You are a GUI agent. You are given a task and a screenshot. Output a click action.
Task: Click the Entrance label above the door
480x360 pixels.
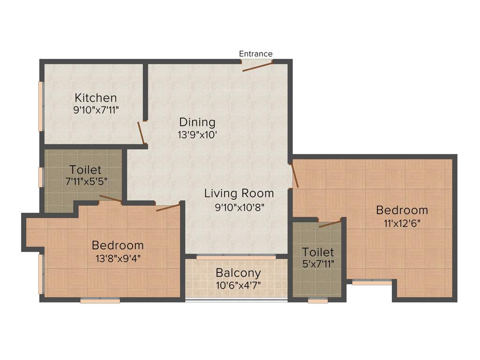[255, 54]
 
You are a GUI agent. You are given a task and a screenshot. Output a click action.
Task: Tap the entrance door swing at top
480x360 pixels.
[257, 66]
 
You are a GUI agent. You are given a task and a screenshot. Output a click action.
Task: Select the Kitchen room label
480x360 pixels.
[96, 98]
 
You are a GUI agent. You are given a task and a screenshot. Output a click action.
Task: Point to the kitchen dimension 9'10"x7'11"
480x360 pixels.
[96, 110]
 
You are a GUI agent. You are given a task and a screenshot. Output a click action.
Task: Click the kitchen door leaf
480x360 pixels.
[141, 133]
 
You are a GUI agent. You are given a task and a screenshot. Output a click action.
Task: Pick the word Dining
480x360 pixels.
[197, 122]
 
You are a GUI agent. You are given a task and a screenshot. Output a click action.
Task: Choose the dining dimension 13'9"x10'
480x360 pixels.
[197, 134]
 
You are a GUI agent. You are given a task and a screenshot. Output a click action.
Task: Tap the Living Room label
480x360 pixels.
[239, 193]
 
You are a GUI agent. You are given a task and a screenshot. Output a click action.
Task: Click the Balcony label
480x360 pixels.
[238, 273]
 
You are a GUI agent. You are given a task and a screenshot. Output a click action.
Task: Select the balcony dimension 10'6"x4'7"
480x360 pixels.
[238, 285]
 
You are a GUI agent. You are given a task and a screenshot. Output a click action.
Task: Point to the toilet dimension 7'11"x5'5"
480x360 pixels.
[85, 181]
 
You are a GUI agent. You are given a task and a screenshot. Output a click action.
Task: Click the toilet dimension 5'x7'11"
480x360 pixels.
[318, 264]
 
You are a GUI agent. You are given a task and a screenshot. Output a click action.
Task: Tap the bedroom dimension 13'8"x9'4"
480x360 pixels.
[117, 257]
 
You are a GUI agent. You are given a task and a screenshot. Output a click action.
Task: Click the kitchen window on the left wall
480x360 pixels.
[41, 106]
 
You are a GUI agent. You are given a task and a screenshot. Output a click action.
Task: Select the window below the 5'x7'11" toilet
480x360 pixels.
[318, 300]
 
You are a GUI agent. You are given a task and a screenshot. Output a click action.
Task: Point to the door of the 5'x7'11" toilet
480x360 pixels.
[330, 223]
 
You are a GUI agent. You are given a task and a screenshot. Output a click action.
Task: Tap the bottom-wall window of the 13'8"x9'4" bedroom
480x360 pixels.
[100, 300]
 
